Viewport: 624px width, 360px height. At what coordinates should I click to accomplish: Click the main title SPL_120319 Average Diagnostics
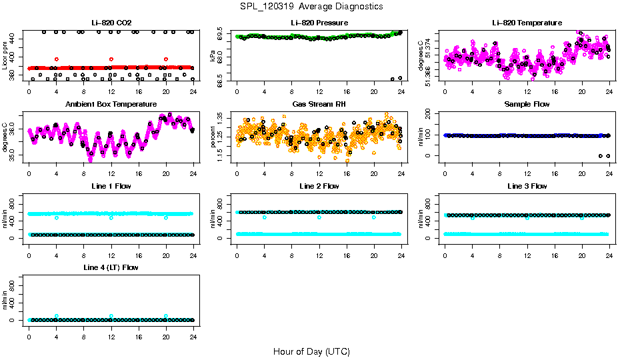312,6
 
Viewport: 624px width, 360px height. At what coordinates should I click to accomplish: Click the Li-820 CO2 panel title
111,23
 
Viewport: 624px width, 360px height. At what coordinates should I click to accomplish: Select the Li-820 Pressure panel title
319,23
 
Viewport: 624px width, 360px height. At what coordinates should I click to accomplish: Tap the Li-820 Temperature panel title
527,23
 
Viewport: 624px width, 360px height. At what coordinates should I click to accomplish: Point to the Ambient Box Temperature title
111,104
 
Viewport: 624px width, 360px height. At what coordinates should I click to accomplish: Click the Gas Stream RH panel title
319,104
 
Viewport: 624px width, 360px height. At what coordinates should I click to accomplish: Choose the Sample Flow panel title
527,104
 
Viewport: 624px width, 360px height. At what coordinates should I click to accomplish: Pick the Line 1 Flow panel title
111,186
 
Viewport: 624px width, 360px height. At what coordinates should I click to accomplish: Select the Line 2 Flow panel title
319,186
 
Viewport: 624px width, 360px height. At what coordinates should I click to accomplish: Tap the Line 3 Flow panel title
527,186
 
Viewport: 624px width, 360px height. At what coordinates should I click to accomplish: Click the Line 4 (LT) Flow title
111,267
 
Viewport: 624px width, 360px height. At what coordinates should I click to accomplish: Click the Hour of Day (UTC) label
311,351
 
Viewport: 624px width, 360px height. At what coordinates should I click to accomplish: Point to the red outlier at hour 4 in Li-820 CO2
57,59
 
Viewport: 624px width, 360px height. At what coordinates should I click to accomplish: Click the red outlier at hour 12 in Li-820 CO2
111,59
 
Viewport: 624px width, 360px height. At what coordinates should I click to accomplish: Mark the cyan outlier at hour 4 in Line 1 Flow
57,217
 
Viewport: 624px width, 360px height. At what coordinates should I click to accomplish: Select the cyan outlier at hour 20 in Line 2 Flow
374,217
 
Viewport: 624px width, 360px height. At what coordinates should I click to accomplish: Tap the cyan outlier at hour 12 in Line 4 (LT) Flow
111,316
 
